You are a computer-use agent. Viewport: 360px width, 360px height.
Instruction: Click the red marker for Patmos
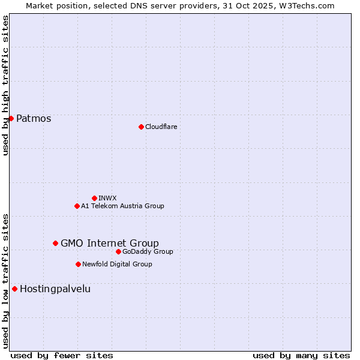tap(11, 118)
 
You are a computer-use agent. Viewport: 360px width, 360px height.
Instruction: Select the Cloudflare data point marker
tap(141, 127)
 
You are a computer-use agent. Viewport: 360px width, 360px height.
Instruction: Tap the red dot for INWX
tap(94, 198)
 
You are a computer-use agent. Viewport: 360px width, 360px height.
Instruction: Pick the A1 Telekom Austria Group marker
tap(77, 206)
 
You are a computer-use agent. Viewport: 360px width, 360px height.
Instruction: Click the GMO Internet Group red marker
tap(55, 243)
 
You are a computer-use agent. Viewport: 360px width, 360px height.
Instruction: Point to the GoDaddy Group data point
tap(118, 251)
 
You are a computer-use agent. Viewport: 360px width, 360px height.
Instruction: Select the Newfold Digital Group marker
tap(78, 264)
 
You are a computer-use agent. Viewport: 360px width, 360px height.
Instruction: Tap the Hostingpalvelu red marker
tap(14, 289)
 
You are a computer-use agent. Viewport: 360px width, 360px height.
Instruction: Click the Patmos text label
tap(34, 118)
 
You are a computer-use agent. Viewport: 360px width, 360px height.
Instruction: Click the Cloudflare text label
tap(161, 127)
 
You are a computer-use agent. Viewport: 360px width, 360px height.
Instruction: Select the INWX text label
tap(107, 198)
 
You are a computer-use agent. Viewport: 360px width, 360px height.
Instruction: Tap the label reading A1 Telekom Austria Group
tap(122, 206)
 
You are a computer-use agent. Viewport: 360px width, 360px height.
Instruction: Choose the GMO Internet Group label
tap(110, 243)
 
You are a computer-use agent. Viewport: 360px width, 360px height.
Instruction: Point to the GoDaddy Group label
tap(148, 251)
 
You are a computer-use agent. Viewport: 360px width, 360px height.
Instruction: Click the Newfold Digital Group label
tap(117, 264)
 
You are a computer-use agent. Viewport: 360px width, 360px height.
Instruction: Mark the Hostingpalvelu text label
tap(55, 289)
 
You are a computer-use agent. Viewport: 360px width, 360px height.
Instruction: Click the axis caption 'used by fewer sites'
tap(62, 355)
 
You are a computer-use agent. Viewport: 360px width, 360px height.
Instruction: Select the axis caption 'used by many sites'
tap(301, 355)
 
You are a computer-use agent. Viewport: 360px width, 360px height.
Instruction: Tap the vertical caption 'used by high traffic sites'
tap(5, 85)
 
